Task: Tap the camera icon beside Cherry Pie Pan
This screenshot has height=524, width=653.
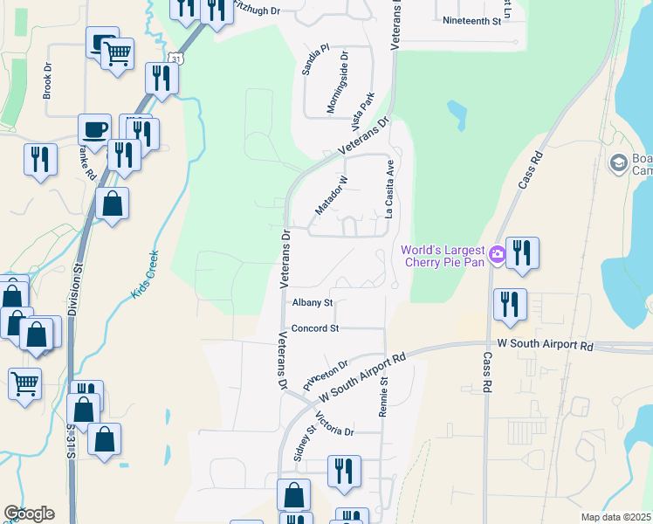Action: click(498, 254)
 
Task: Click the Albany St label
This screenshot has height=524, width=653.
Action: click(313, 302)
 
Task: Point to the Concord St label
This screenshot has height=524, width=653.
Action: click(314, 328)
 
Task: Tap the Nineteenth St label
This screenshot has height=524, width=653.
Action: click(472, 19)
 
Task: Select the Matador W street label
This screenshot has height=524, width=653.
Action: click(331, 195)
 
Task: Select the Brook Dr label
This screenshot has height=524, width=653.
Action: click(48, 77)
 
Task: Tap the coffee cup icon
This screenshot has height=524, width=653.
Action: click(94, 129)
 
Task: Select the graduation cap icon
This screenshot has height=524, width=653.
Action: click(618, 162)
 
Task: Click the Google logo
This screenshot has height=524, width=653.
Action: click(29, 514)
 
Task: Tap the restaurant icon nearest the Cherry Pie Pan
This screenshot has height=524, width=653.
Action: click(522, 252)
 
